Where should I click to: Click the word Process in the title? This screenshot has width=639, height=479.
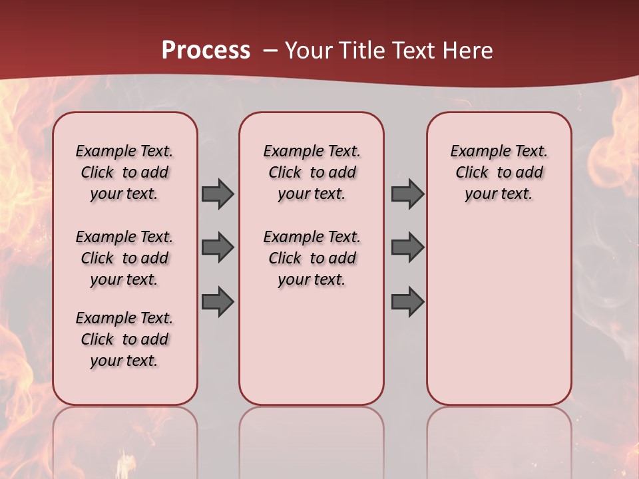pyautogui.click(x=206, y=51)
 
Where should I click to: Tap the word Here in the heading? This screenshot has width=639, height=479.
pyautogui.click(x=465, y=51)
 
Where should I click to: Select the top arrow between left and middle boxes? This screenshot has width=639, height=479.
pyautogui.click(x=218, y=194)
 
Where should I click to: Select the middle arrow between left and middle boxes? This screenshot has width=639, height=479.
pyautogui.click(x=218, y=247)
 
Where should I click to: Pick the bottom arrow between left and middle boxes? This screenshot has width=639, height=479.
pyautogui.click(x=218, y=301)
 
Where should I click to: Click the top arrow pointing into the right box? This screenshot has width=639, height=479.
pyautogui.click(x=407, y=194)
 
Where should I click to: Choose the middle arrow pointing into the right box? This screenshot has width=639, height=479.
pyautogui.click(x=407, y=247)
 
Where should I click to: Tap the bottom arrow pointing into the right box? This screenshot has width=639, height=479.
pyautogui.click(x=407, y=301)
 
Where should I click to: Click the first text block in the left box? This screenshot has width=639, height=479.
pyautogui.click(x=124, y=172)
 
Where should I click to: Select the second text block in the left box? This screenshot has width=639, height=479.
pyautogui.click(x=124, y=258)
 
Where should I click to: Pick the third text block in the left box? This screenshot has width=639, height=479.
pyautogui.click(x=124, y=339)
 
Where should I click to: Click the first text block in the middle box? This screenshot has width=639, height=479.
pyautogui.click(x=312, y=172)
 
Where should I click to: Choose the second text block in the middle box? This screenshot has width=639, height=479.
pyautogui.click(x=312, y=258)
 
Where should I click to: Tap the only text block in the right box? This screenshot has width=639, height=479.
pyautogui.click(x=499, y=172)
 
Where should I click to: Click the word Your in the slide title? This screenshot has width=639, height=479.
pyautogui.click(x=308, y=51)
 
